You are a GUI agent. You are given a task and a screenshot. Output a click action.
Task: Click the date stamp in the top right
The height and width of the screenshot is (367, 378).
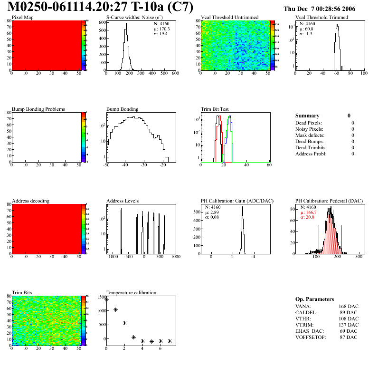point(325,9)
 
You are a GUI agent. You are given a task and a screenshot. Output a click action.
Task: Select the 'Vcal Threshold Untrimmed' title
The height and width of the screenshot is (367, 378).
point(230,17)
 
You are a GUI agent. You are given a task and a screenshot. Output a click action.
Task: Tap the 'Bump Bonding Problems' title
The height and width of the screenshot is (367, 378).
point(38,109)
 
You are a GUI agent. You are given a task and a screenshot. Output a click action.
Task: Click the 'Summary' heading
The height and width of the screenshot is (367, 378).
point(307,116)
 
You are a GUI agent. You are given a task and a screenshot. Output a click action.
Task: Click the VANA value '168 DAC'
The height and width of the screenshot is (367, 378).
point(349,307)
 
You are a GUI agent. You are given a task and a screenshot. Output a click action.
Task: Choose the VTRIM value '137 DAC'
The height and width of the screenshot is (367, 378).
point(349,325)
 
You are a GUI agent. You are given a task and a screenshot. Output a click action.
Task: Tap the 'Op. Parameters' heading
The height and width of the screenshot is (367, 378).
point(314,299)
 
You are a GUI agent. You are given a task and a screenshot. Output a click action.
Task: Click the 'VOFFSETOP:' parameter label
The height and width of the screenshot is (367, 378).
point(310,337)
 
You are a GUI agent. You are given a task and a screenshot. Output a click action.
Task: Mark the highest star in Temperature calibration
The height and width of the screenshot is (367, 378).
point(106,299)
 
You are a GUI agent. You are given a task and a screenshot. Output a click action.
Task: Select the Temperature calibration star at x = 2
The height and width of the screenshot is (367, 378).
point(124,323)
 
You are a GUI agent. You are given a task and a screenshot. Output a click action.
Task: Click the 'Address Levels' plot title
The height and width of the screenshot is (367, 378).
point(123,201)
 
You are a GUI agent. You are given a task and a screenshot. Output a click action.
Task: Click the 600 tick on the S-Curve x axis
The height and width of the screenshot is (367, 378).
point(175,74)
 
